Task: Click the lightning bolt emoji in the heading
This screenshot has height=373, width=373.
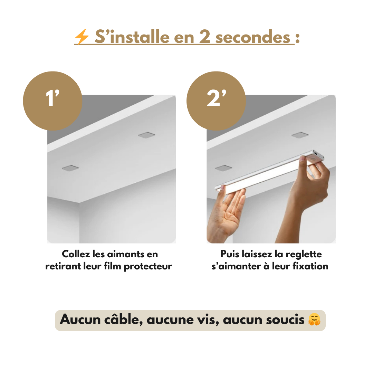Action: tap(82, 37)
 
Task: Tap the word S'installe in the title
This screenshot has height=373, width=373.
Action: tap(132, 37)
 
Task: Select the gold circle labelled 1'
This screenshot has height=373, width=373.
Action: tap(52, 101)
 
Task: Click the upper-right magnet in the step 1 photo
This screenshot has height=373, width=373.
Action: tap(146, 135)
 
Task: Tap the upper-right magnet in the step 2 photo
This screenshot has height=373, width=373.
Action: tap(300, 135)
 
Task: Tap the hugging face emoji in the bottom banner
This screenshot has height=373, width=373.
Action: tap(314, 319)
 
